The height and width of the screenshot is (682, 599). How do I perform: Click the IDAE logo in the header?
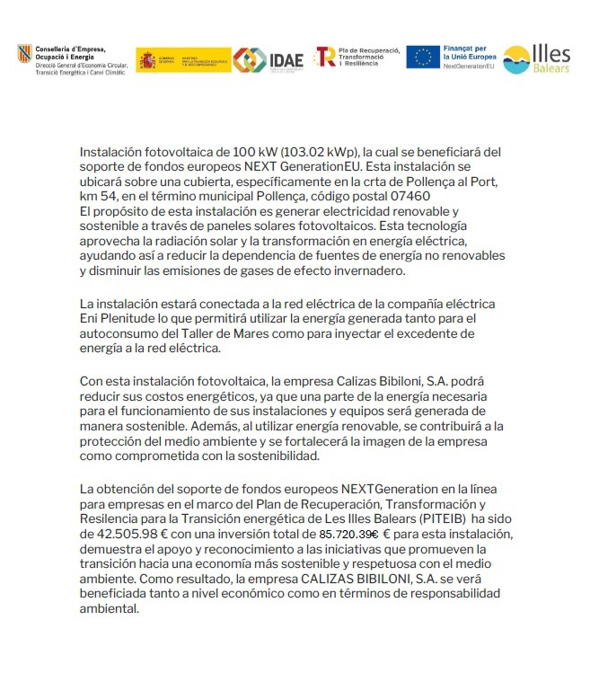(261, 59)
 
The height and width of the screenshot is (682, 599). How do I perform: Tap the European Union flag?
(422, 58)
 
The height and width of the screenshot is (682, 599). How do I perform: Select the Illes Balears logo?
(536, 59)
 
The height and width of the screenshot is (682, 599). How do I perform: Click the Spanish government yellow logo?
(183, 59)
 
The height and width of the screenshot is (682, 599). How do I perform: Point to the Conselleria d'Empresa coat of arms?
(24, 54)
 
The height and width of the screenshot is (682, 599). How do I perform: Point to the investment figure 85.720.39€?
(348, 534)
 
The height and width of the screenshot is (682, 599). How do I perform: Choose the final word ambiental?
(110, 609)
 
